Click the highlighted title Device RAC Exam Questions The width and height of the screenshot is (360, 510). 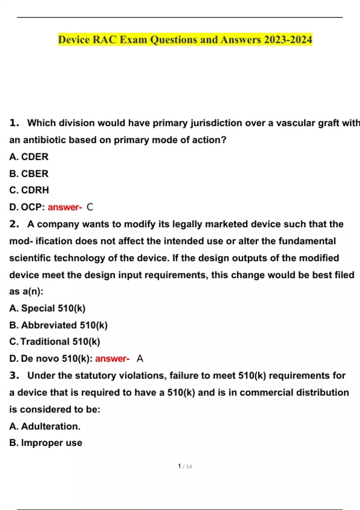point(185,40)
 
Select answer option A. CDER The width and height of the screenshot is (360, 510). point(29,157)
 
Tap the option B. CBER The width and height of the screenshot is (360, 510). point(29,173)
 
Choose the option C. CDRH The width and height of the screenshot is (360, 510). point(29,190)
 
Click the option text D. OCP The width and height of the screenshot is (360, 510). point(27,207)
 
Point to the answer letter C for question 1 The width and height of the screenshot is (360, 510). point(90,207)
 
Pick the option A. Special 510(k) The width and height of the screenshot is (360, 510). point(47,308)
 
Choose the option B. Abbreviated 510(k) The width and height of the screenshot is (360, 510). point(58,325)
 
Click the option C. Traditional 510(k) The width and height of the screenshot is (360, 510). point(55,342)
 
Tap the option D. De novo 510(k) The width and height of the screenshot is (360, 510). point(51,358)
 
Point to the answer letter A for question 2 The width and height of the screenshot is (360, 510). point(140,358)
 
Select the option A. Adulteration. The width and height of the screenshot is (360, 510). point(45,426)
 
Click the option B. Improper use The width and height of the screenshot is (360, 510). point(46,443)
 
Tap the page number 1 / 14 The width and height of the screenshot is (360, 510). point(185,466)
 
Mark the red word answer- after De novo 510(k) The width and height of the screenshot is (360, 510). point(112,358)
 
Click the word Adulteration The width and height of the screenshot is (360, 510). point(51,426)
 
